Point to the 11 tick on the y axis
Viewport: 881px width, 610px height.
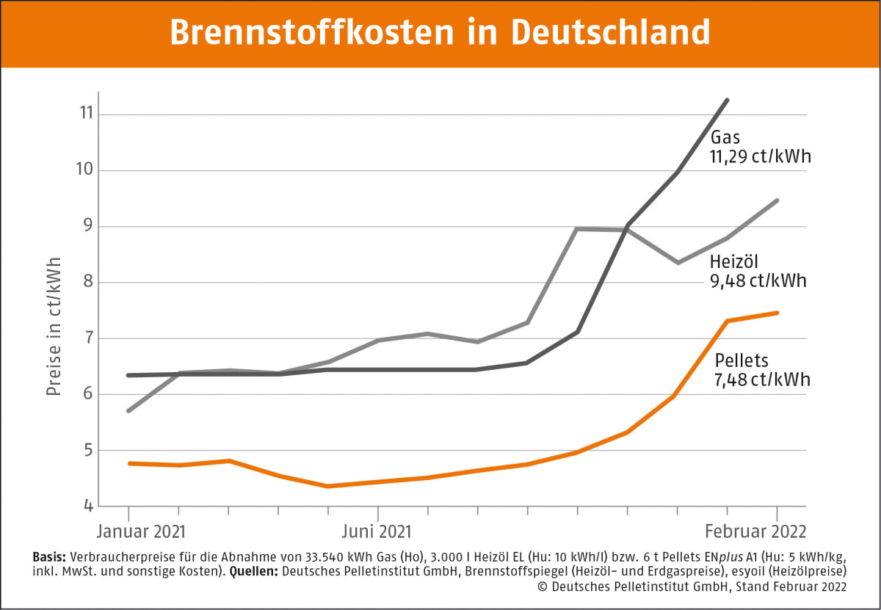pos(86,115)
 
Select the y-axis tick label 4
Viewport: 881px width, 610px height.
pos(86,506)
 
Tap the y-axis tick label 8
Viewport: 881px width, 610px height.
pos(86,283)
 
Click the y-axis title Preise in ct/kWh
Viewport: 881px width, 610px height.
pos(54,326)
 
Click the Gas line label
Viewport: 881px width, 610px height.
pos(725,137)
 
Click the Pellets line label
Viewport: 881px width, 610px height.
pos(741,360)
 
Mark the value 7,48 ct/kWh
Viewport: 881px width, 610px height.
pos(762,380)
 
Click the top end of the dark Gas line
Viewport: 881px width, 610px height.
pos(727,100)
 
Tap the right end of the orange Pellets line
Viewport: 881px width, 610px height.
pos(777,313)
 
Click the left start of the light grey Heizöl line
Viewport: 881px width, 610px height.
pos(128,410)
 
